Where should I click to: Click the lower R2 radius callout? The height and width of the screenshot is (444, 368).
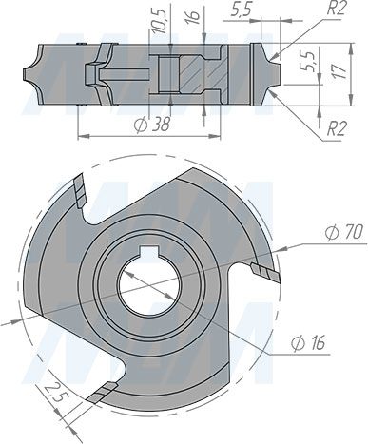click(334, 126)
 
